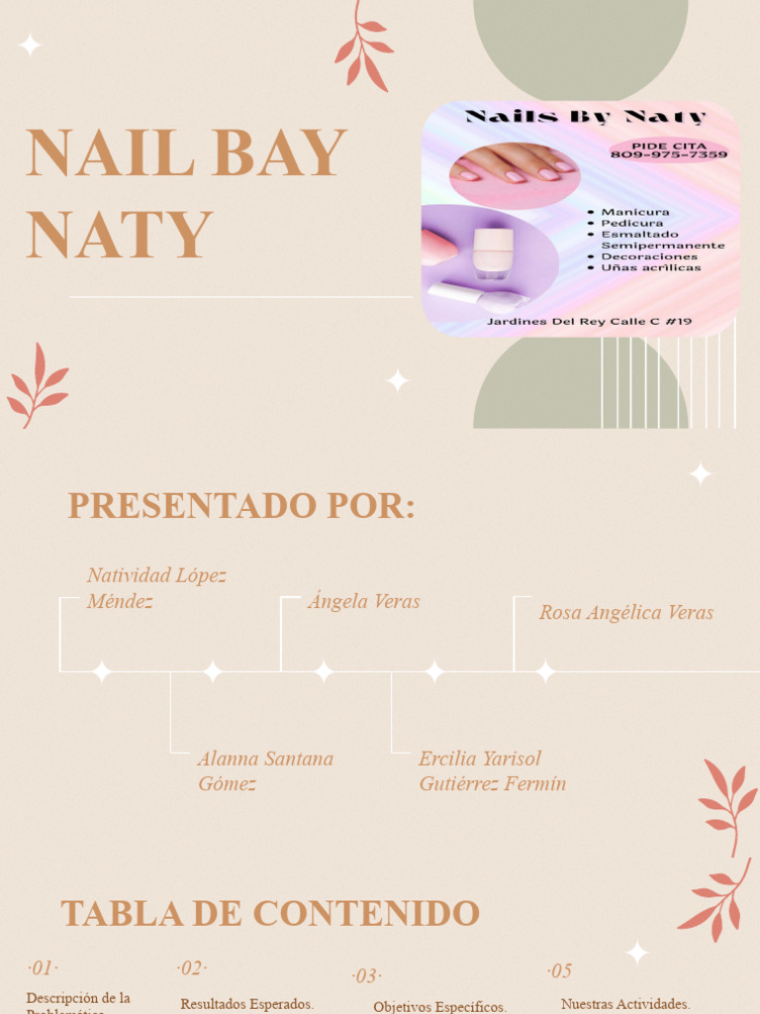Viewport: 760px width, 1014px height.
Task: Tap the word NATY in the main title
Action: click(x=120, y=235)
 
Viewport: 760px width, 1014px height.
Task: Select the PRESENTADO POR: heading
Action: click(x=241, y=506)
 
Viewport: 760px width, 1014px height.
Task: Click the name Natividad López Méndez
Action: click(x=156, y=588)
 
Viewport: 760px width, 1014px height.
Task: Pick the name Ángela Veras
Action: click(x=363, y=601)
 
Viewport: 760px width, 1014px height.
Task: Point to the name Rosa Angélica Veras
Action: click(x=625, y=613)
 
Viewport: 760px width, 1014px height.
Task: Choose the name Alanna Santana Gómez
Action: click(x=265, y=771)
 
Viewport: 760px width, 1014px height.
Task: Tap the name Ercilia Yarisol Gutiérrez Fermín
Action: click(x=492, y=771)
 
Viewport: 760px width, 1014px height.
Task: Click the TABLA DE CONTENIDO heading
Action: click(x=270, y=913)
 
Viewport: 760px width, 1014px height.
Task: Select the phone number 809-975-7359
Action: click(x=668, y=155)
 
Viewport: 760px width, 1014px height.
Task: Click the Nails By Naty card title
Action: click(x=586, y=117)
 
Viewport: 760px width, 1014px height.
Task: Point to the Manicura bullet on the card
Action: click(x=634, y=212)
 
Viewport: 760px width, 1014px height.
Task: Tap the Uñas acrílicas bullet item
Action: click(x=650, y=267)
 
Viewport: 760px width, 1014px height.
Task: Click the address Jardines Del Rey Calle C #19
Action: click(x=589, y=321)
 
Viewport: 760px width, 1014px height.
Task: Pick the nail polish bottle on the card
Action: click(x=492, y=252)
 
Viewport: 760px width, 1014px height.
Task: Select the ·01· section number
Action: click(x=43, y=967)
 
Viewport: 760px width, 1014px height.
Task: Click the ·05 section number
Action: click(x=559, y=970)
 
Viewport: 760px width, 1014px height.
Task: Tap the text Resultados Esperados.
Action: click(x=246, y=1004)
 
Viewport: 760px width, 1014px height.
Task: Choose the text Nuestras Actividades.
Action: click(x=624, y=1004)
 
